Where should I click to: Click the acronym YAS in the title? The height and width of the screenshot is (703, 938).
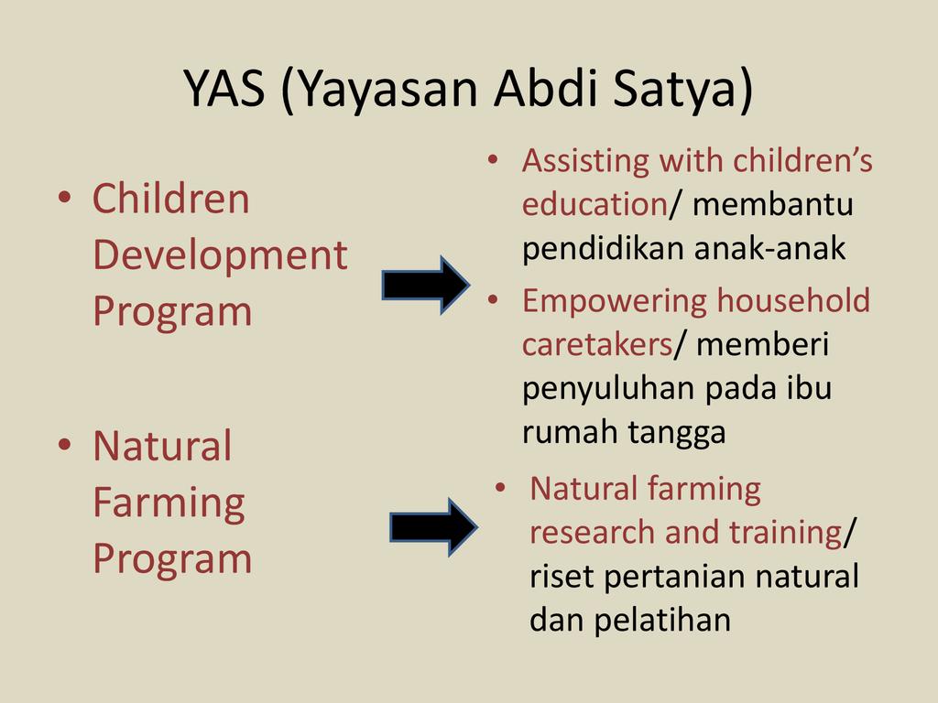tap(224, 88)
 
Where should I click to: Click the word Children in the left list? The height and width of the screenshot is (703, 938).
tap(170, 199)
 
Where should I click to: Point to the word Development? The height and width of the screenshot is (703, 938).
tap(220, 255)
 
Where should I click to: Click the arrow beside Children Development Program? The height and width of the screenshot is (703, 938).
tap(426, 286)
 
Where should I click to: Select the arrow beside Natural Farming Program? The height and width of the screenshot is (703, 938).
tap(433, 527)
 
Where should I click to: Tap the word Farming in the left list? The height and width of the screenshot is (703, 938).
tap(169, 503)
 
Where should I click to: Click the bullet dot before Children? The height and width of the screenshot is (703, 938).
tap(65, 198)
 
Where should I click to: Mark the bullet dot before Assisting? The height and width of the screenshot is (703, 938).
tap(493, 159)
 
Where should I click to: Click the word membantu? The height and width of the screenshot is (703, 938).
tap(773, 204)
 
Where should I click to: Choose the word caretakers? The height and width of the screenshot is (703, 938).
tap(597, 345)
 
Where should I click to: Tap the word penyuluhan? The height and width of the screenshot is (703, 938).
tap(608, 388)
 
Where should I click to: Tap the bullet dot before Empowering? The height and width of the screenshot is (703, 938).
tap(493, 300)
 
